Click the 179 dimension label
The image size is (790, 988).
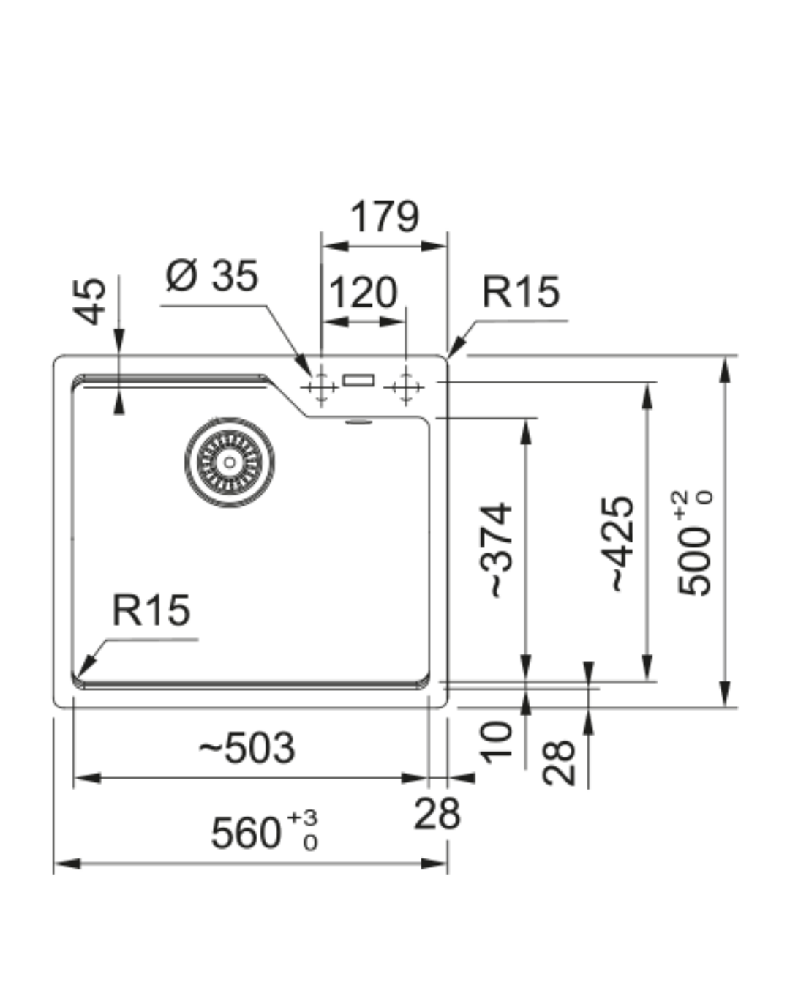(x=384, y=217)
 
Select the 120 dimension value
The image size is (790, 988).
(x=363, y=293)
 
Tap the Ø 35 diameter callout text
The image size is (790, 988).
(x=212, y=276)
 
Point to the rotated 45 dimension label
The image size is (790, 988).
(x=91, y=300)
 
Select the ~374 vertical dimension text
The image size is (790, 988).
(x=501, y=549)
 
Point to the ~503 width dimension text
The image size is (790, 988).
(x=247, y=748)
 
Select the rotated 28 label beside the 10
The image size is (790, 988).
(x=560, y=763)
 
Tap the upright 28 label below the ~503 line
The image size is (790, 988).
(x=437, y=813)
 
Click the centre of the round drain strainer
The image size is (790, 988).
(x=230, y=462)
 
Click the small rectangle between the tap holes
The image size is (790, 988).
(x=359, y=381)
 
